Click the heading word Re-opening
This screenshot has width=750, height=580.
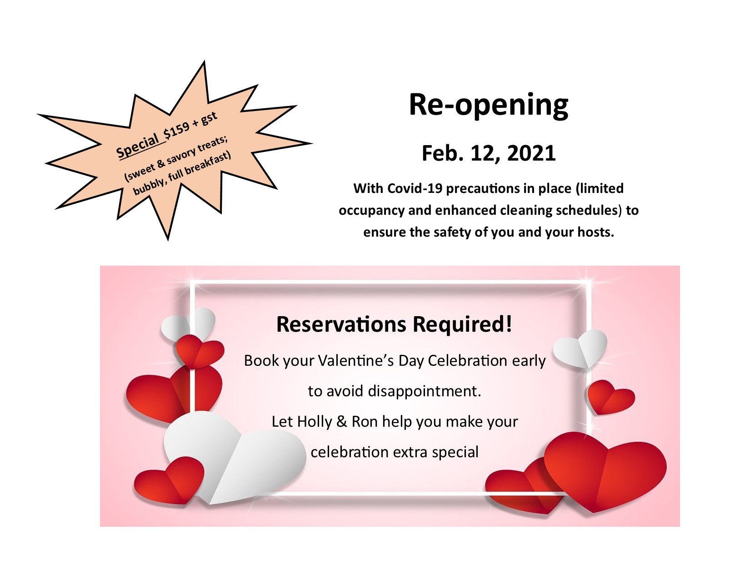488,105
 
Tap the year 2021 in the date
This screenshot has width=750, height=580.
531,153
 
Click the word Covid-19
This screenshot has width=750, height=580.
415,189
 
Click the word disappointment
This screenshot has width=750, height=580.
424,391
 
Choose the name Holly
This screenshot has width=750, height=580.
314,422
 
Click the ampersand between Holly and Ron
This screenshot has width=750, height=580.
342,422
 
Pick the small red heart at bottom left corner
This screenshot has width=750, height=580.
169,480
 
